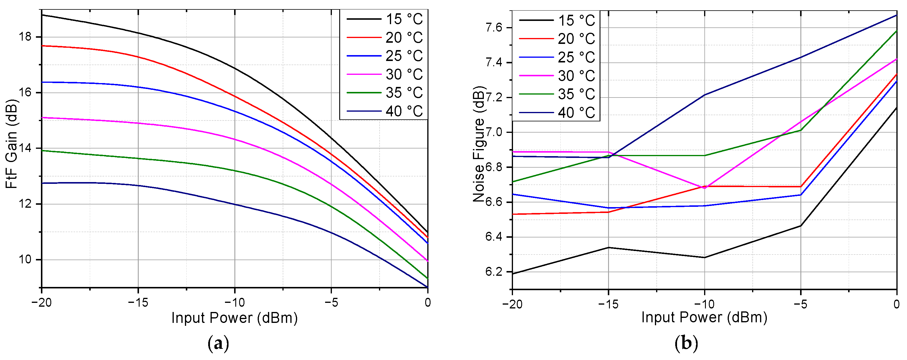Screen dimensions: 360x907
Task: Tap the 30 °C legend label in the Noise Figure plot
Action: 576,76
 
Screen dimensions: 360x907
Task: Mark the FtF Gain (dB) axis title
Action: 11,143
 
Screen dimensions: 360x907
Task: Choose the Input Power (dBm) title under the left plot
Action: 234,318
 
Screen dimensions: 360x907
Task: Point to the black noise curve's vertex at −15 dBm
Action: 608,248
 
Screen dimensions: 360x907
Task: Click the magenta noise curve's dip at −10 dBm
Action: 704,188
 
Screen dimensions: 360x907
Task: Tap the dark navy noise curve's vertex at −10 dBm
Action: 704,95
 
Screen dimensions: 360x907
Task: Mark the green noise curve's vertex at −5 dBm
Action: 801,130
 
